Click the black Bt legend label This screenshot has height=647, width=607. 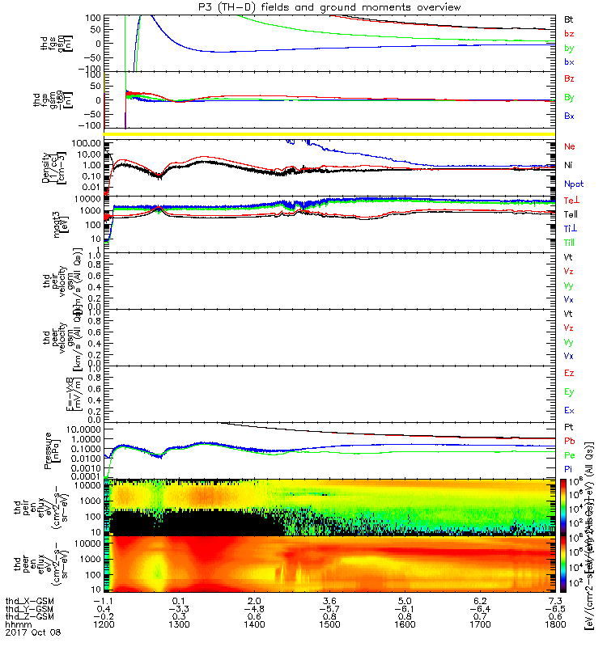[x=569, y=18]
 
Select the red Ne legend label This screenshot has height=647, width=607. [x=570, y=146]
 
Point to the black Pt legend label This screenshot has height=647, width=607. [x=569, y=426]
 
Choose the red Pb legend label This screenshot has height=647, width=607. [x=569, y=442]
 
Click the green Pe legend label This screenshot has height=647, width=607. [x=569, y=456]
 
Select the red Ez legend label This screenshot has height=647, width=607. [x=569, y=373]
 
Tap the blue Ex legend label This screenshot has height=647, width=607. [x=569, y=411]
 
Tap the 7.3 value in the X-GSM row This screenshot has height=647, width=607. [x=555, y=601]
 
